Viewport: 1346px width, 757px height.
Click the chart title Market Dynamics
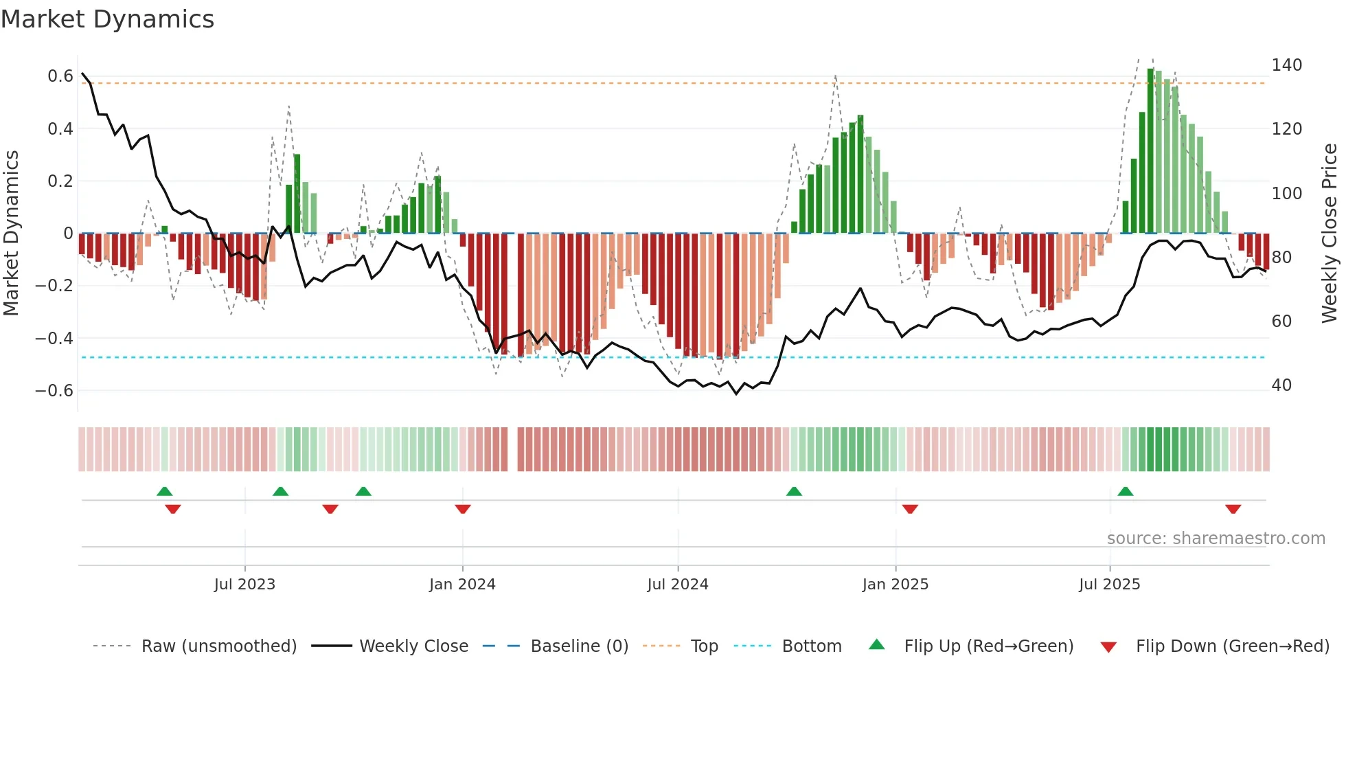click(x=107, y=19)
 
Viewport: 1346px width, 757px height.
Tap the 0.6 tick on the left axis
click(x=60, y=76)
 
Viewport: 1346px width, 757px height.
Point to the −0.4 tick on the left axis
click(x=54, y=338)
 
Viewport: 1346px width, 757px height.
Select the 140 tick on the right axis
click(x=1286, y=65)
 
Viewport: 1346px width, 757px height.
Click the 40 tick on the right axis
click(x=1281, y=385)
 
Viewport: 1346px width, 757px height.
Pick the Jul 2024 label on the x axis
click(x=677, y=585)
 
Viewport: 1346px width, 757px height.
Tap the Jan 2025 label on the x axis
click(x=895, y=585)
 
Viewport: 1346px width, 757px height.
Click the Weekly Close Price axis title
click(x=1330, y=234)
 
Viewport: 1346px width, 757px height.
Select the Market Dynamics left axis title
click(x=11, y=234)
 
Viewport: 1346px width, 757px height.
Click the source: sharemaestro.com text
click(x=1216, y=539)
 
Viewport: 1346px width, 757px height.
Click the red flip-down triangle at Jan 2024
click(x=463, y=509)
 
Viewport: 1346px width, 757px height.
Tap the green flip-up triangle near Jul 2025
click(x=1125, y=491)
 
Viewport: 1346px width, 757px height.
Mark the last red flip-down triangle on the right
click(x=1233, y=509)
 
